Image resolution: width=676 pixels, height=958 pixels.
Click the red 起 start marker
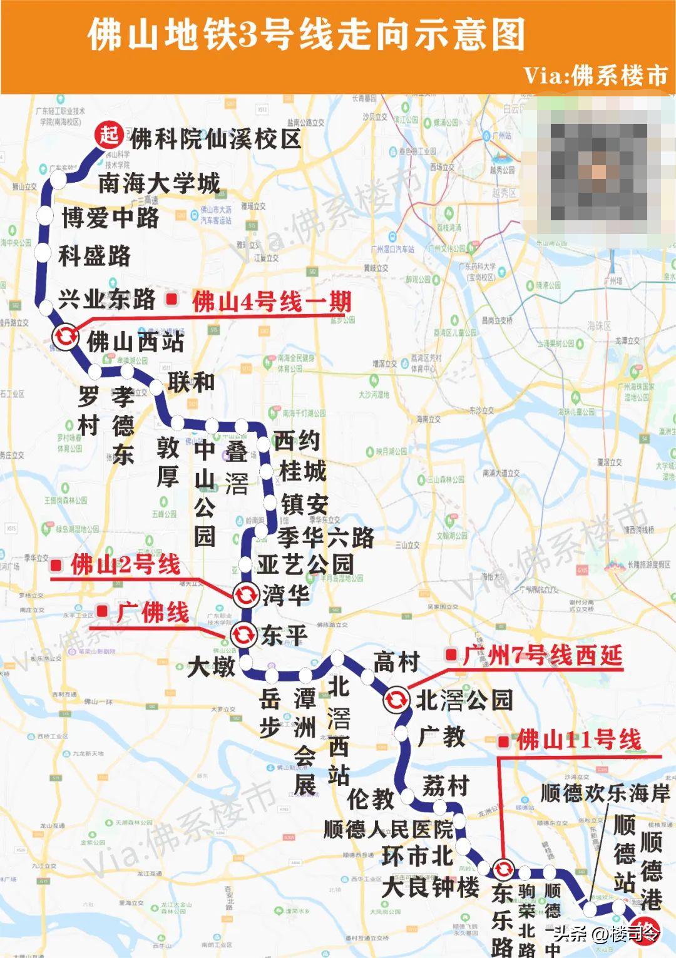tap(109, 135)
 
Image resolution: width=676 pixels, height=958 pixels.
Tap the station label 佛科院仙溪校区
tap(215, 139)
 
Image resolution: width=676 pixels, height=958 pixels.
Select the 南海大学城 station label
tap(159, 183)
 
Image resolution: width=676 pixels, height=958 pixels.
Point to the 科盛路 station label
tap(95, 255)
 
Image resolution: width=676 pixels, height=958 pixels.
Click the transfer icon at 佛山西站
tap(65, 337)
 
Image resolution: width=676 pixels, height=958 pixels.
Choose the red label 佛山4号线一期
tap(272, 302)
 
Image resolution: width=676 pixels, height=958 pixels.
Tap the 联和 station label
tap(191, 382)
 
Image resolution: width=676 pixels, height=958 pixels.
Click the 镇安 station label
tap(304, 504)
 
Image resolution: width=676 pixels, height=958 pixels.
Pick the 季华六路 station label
tap(325, 537)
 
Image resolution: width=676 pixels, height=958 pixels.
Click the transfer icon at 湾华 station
tap(245, 594)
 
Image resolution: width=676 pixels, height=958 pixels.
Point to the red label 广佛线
tap(153, 611)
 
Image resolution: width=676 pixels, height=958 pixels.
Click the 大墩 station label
tap(211, 666)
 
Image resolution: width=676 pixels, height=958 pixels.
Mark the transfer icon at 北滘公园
tap(396, 699)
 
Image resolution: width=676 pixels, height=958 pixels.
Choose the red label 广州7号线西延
tap(542, 655)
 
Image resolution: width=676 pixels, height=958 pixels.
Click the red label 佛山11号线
tap(578, 740)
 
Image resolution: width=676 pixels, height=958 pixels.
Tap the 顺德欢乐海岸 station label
tap(605, 793)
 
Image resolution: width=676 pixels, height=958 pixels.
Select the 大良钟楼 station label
tap(430, 887)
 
